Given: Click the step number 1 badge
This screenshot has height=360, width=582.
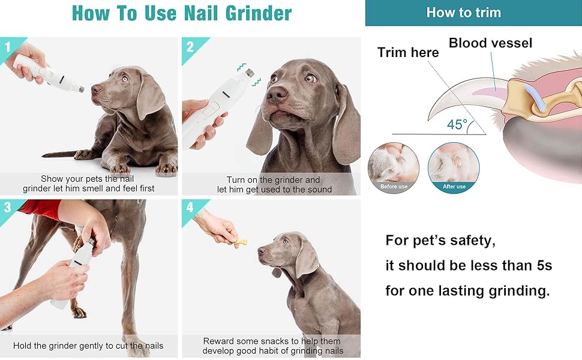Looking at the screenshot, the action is (x=8, y=47).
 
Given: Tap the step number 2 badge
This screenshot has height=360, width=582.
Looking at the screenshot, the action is (x=190, y=47).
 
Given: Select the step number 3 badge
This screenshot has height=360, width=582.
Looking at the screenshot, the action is (x=8, y=207).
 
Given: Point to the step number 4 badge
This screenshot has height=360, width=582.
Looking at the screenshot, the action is (x=190, y=207).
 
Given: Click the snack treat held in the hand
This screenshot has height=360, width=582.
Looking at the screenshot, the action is (x=240, y=243).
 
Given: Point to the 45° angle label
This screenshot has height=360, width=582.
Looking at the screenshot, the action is (x=457, y=124).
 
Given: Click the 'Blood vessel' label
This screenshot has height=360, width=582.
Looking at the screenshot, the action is (x=490, y=43).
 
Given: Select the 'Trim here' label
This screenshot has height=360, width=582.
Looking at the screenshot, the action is (x=408, y=52).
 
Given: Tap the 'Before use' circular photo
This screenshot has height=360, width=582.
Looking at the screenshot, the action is (x=394, y=168).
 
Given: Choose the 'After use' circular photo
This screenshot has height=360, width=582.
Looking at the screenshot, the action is (x=454, y=168).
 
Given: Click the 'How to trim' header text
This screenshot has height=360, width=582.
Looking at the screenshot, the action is (x=464, y=13).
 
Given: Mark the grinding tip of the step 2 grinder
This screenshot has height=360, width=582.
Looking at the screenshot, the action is (x=249, y=73).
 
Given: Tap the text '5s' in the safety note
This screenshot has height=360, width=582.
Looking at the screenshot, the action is (x=544, y=265).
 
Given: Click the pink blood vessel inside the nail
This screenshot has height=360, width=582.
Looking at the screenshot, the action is (x=486, y=92).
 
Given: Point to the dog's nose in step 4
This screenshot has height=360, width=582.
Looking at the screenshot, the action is (x=262, y=251).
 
